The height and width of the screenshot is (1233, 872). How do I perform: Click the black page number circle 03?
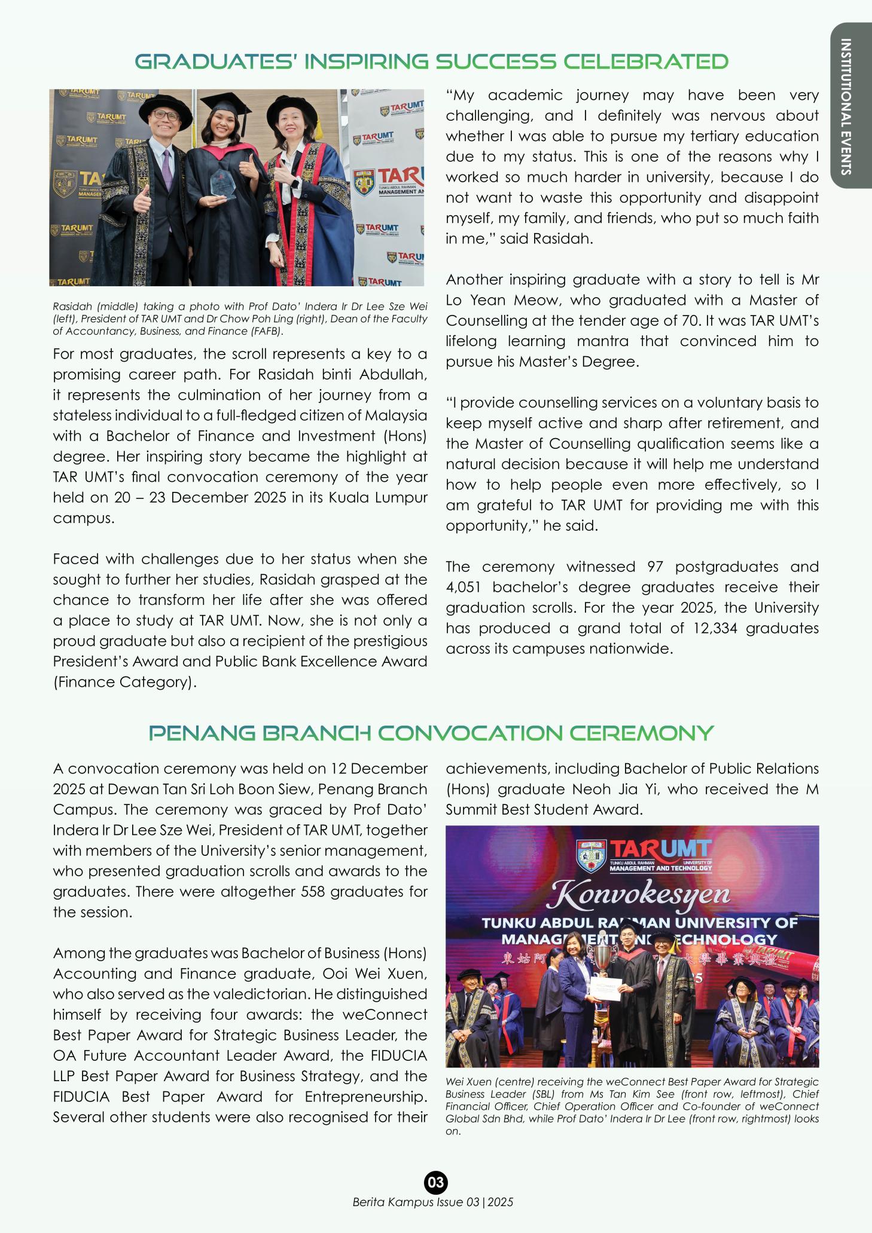(x=435, y=1182)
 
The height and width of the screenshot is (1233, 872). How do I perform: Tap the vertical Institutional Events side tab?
(x=846, y=106)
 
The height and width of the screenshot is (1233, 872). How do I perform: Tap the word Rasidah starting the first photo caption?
(x=70, y=307)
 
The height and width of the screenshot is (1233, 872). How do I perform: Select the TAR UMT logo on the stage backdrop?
(x=644, y=855)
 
